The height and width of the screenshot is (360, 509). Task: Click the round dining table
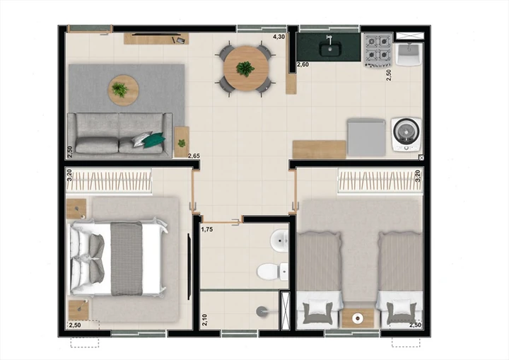click(246, 69)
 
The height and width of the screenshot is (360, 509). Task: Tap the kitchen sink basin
click(330, 50)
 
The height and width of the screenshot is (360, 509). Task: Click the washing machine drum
click(406, 132)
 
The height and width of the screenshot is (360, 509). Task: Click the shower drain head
click(261, 311)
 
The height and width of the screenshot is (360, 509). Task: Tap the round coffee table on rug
click(123, 90)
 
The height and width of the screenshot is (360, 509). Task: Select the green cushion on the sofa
click(154, 140)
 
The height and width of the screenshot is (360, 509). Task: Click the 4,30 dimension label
click(279, 37)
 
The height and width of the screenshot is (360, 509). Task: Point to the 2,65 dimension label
click(194, 156)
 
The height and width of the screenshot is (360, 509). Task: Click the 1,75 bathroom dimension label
click(206, 229)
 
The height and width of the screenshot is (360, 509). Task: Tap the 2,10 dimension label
click(204, 320)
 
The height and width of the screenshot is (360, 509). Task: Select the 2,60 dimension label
click(303, 64)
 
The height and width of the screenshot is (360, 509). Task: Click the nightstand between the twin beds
click(358, 318)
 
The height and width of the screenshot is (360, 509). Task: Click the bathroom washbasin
click(279, 240)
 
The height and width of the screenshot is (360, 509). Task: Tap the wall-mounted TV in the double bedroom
click(189, 267)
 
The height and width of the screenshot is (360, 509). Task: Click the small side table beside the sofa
click(182, 141)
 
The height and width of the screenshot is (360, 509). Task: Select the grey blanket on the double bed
click(127, 259)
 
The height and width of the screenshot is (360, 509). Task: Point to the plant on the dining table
click(245, 69)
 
